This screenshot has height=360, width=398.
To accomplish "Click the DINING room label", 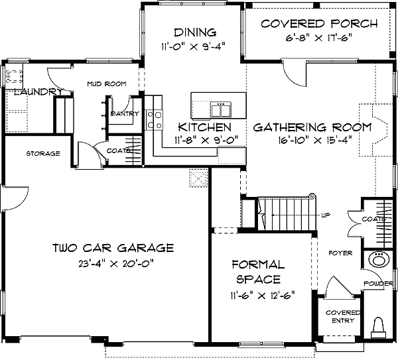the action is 195,32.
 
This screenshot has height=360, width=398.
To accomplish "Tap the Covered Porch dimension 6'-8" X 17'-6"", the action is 319,38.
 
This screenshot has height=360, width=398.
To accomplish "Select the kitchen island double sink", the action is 221,109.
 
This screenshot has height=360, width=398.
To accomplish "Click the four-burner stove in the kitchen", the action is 155,120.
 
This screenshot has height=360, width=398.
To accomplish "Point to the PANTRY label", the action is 125,113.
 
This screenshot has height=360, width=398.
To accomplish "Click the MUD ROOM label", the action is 107,84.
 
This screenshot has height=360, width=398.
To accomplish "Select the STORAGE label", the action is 43,154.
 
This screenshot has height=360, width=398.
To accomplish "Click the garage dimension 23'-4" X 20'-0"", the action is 117,264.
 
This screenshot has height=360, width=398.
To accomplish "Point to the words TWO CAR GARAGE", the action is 113,248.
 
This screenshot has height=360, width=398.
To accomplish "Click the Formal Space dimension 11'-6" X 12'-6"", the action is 263,296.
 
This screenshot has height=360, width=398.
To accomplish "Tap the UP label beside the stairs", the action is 326,215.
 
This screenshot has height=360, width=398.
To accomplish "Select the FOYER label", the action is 340,253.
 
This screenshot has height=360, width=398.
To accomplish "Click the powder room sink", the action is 379,259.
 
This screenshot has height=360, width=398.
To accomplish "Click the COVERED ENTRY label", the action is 343,317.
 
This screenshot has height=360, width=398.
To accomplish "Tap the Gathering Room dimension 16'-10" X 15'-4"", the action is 314,140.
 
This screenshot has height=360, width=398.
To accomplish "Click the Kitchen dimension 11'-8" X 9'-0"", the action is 206,139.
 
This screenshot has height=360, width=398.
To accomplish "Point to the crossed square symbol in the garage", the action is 198,178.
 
